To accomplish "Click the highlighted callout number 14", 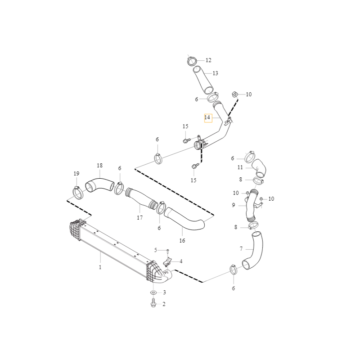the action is click(x=207, y=117).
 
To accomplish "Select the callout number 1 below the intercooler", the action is click(x=100, y=267).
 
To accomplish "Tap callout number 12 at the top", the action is click(x=208, y=60).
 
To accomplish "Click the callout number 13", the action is click(x=216, y=73).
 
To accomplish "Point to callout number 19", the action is click(x=76, y=174).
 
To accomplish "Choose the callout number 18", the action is click(x=99, y=165).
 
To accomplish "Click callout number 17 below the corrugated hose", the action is click(x=140, y=217).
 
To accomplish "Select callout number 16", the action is click(x=182, y=241).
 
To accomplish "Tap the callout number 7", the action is click(x=241, y=249).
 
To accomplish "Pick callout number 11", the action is click(x=240, y=167).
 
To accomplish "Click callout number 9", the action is click(x=234, y=205).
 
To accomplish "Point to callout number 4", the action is click(x=181, y=261).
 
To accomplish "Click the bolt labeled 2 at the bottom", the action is click(x=153, y=303).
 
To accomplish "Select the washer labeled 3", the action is click(x=153, y=292).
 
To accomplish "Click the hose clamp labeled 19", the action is click(x=77, y=193).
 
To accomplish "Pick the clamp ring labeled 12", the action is click(x=192, y=61).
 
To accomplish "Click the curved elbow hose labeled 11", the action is click(x=260, y=168).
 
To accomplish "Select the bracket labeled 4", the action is click(x=167, y=262).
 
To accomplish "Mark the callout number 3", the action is click(x=164, y=292).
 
